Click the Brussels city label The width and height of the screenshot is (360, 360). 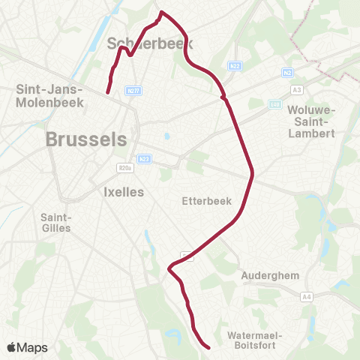pyautogui.click(x=86, y=139)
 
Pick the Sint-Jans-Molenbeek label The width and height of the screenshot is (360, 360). pyautogui.click(x=48, y=95)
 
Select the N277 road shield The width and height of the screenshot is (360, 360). pyautogui.click(x=133, y=91)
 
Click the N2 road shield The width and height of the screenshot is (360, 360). pyautogui.click(x=288, y=73)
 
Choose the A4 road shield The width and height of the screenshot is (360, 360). pyautogui.click(x=306, y=297)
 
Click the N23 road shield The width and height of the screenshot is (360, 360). pyautogui.click(x=145, y=158)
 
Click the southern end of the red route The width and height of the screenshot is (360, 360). pyautogui.click(x=208, y=347)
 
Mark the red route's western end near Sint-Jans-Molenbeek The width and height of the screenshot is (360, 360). pyautogui.click(x=108, y=92)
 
